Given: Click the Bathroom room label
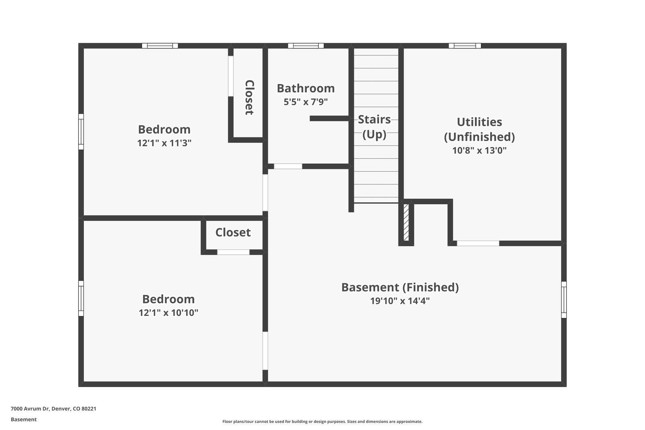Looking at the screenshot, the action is [306, 88].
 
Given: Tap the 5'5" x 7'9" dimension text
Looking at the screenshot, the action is [306, 102].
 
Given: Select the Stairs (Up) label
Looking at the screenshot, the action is [374, 127].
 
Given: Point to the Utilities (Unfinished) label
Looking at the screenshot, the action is [479, 129].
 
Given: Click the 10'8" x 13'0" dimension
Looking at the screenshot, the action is [479, 151].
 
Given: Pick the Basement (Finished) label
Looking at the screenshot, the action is [400, 287].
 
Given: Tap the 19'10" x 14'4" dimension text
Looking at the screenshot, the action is [400, 301].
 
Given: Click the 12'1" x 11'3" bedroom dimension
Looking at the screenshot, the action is [164, 143].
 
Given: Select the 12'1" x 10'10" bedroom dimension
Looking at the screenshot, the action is [169, 313].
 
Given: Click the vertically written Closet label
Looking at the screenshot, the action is [250, 98].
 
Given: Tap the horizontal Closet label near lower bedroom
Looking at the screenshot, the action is [233, 233].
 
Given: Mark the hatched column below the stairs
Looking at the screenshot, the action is [406, 222].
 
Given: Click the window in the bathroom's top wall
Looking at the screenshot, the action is [306, 46].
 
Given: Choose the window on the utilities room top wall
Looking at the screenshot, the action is [465, 46].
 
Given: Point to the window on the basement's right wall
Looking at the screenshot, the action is [564, 300].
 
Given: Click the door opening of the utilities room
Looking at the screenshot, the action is [478, 243].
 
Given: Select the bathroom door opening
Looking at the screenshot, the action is [288, 166].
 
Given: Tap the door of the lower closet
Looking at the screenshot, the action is [233, 252].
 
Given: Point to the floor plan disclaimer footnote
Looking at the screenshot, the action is [322, 422].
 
